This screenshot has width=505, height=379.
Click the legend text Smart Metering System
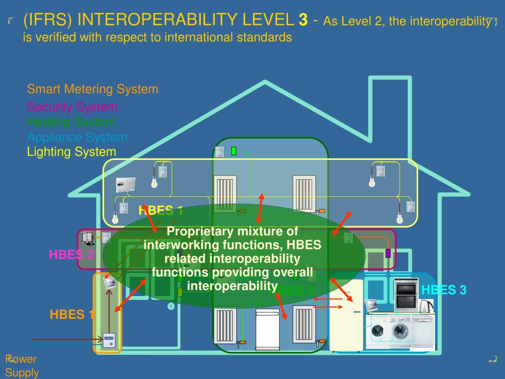[93, 89]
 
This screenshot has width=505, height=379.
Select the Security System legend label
[72, 107]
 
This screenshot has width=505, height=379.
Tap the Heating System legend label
[72, 122]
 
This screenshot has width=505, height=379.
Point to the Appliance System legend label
[77, 137]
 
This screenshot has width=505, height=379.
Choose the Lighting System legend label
[72, 152]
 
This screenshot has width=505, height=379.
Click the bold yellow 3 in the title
[303, 20]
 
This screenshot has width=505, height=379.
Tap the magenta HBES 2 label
[72, 255]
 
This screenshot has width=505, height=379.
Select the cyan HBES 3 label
[444, 290]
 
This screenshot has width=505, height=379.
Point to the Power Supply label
[22, 366]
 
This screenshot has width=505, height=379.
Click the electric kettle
[425, 305]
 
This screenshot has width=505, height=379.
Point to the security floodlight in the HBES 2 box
[88, 238]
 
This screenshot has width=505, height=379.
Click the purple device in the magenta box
[388, 253]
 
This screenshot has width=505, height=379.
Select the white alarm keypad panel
[125, 185]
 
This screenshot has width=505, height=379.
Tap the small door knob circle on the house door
[171, 306]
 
